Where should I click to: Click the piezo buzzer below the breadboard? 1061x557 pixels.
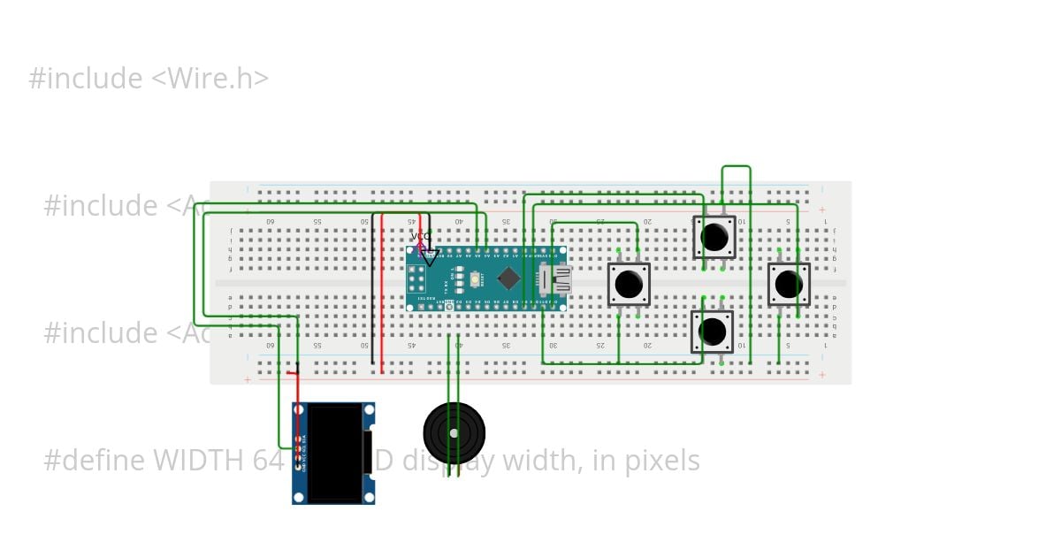tap(454, 432)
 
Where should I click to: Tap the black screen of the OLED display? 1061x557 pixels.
tap(335, 453)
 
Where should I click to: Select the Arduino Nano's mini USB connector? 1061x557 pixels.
tap(557, 279)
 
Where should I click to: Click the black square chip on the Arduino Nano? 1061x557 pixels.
tap(508, 278)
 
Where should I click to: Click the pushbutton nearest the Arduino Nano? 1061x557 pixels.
tap(629, 284)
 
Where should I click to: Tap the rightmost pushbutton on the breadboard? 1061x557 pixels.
tap(789, 284)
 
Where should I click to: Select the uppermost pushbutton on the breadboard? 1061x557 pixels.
tap(714, 237)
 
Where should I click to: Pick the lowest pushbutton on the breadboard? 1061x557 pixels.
tap(713, 332)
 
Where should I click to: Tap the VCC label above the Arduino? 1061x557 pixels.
tap(421, 237)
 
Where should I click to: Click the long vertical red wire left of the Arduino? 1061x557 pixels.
tap(382, 292)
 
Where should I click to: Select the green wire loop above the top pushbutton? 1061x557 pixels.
tap(737, 167)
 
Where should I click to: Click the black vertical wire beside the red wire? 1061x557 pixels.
tap(372, 292)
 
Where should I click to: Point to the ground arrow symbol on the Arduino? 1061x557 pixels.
tap(430, 257)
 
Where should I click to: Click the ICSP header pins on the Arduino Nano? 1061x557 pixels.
tap(416, 278)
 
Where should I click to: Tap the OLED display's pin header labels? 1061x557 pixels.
tap(305, 451)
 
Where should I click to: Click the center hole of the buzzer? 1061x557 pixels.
tap(454, 433)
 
